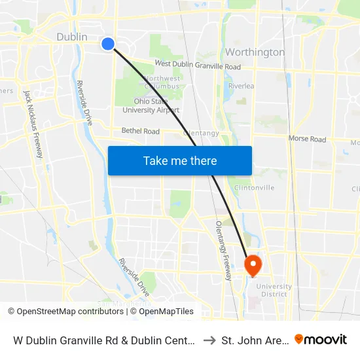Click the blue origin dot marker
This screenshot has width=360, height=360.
click(x=108, y=44)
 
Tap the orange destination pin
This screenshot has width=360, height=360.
click(x=252, y=265)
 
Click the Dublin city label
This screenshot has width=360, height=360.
click(x=72, y=37)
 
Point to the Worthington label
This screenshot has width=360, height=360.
click(x=255, y=52)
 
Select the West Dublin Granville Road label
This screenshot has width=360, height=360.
click(x=197, y=66)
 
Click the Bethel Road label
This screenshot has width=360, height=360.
click(x=140, y=131)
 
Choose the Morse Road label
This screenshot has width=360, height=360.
click(x=307, y=139)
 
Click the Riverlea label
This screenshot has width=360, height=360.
click(x=241, y=86)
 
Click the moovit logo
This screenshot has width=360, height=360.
click(x=321, y=339)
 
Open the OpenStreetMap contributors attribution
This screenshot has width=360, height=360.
click(x=69, y=312)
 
